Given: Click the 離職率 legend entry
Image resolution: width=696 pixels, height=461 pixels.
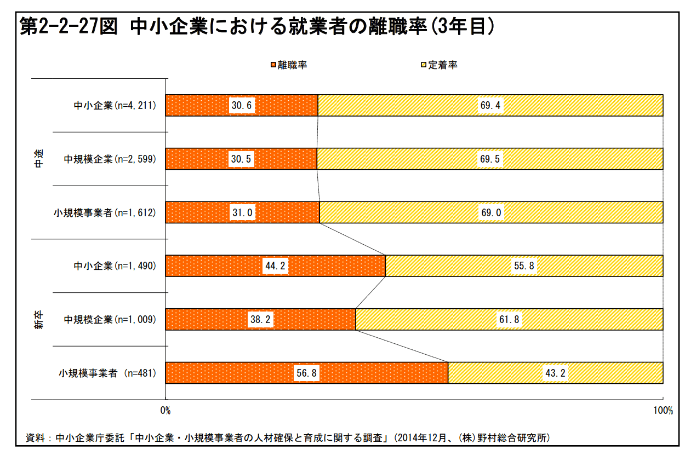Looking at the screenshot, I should click(x=288, y=65).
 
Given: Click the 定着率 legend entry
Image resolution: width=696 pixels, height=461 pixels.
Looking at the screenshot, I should click(x=439, y=65).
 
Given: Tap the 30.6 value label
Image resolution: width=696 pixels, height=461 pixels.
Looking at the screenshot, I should click(x=242, y=106).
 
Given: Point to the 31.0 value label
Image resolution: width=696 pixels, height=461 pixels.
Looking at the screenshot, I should click(x=242, y=213).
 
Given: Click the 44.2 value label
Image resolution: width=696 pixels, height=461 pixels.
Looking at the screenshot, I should click(x=276, y=267).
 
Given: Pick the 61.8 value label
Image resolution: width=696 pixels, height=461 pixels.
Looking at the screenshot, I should click(x=509, y=320).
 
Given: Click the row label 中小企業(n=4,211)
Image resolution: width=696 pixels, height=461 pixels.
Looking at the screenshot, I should click(x=115, y=106).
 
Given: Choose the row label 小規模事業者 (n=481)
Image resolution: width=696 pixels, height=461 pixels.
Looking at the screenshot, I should click(x=107, y=374).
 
